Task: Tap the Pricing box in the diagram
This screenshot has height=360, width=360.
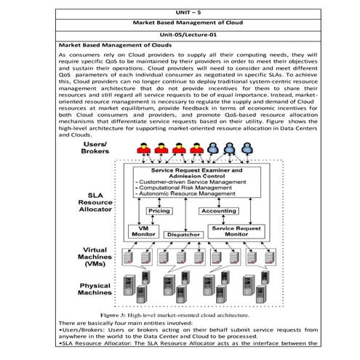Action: (x=159, y=211)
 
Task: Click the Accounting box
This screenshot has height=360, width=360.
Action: (x=218, y=211)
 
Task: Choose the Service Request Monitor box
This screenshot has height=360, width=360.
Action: (x=235, y=231)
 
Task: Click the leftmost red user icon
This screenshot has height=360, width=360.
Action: (x=140, y=150)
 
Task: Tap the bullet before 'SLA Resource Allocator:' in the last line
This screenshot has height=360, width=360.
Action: (x=59, y=344)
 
